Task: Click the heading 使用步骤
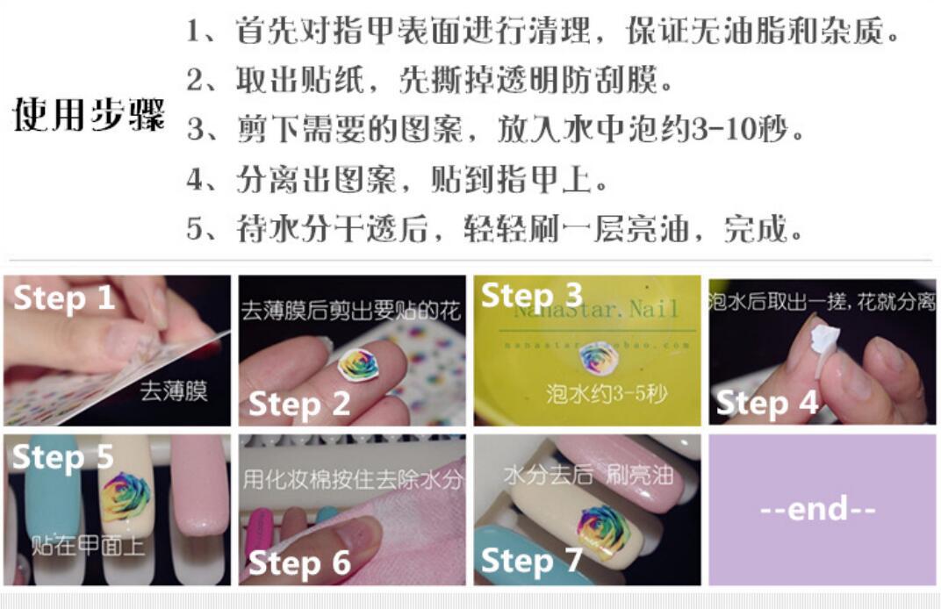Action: click(x=89, y=115)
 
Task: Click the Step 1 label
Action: click(x=64, y=298)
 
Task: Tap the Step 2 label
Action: click(x=299, y=404)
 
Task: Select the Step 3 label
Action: click(x=532, y=295)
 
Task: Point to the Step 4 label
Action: click(x=767, y=404)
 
